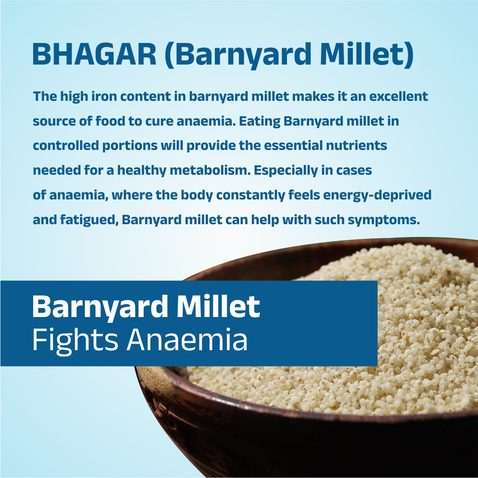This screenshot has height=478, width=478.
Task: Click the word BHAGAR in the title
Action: (95, 54)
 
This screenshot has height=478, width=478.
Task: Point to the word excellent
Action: (399, 96)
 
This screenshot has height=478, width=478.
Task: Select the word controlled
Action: (65, 145)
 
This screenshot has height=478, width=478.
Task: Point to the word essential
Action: (293, 145)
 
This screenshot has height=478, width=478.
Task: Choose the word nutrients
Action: (356, 146)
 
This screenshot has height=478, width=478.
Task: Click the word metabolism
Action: (210, 170)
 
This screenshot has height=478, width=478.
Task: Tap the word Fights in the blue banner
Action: (75, 340)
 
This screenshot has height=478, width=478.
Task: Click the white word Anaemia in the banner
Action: (187, 340)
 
